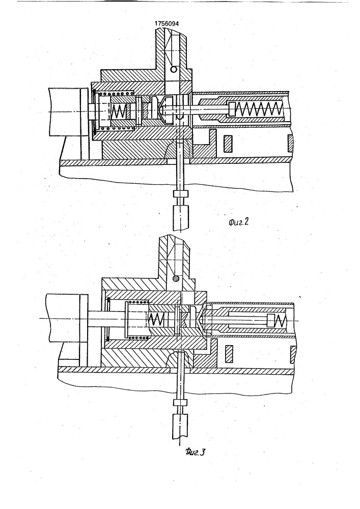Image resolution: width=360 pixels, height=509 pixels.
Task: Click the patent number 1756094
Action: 167,24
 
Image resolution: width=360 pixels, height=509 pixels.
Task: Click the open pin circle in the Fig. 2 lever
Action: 174,69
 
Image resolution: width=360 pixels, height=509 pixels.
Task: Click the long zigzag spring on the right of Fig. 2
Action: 258,110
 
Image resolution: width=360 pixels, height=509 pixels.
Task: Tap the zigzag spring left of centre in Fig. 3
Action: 155,320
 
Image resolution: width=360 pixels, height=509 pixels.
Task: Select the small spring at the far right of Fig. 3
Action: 281,321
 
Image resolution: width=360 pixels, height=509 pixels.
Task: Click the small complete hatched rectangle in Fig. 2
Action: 228,144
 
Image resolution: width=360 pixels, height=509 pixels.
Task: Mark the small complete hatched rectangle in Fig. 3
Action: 230,354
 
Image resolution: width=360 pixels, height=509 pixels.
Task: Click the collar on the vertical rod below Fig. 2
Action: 180,194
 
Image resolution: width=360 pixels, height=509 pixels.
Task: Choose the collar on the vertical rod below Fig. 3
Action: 180,403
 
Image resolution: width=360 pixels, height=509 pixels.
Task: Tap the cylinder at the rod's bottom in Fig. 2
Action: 180,217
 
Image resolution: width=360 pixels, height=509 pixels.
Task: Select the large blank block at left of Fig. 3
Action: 63,318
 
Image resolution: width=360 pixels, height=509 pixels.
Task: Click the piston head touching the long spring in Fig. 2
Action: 233,109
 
